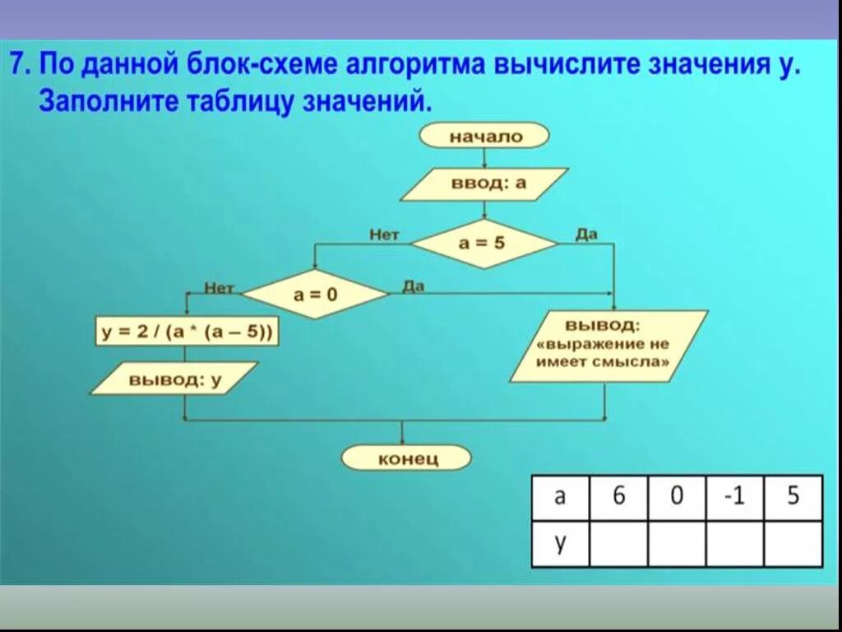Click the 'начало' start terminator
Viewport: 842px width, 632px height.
point(484,137)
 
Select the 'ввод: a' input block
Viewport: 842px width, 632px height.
point(484,184)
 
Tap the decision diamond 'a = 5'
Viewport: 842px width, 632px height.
point(483,244)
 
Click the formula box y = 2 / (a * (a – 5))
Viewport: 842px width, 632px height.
point(187,332)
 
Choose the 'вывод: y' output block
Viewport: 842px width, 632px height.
point(174,379)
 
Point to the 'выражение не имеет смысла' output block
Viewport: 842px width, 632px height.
point(608,346)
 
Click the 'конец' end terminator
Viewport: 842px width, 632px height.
point(407,458)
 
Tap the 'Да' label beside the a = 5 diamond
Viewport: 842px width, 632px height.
point(586,235)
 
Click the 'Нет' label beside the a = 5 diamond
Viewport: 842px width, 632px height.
point(384,235)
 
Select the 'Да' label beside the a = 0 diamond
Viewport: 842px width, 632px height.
point(414,286)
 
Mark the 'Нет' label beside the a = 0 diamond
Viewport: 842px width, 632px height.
point(219,288)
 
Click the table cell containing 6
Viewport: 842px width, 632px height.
point(618,497)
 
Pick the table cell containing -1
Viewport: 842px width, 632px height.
point(734,497)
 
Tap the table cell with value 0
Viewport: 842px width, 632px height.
point(677,497)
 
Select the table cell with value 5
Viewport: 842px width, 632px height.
point(793,497)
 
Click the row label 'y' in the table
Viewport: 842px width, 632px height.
point(560,544)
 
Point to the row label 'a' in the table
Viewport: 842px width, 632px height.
point(560,497)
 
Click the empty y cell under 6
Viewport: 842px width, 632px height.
point(618,544)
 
